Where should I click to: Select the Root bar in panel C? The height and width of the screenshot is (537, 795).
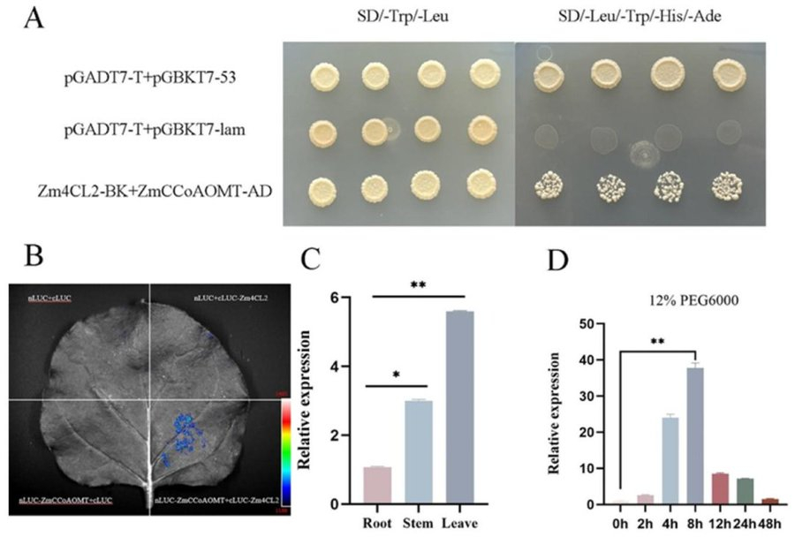pyautogui.click(x=376, y=485)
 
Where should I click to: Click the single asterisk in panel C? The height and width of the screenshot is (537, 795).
pyautogui.click(x=397, y=374)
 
